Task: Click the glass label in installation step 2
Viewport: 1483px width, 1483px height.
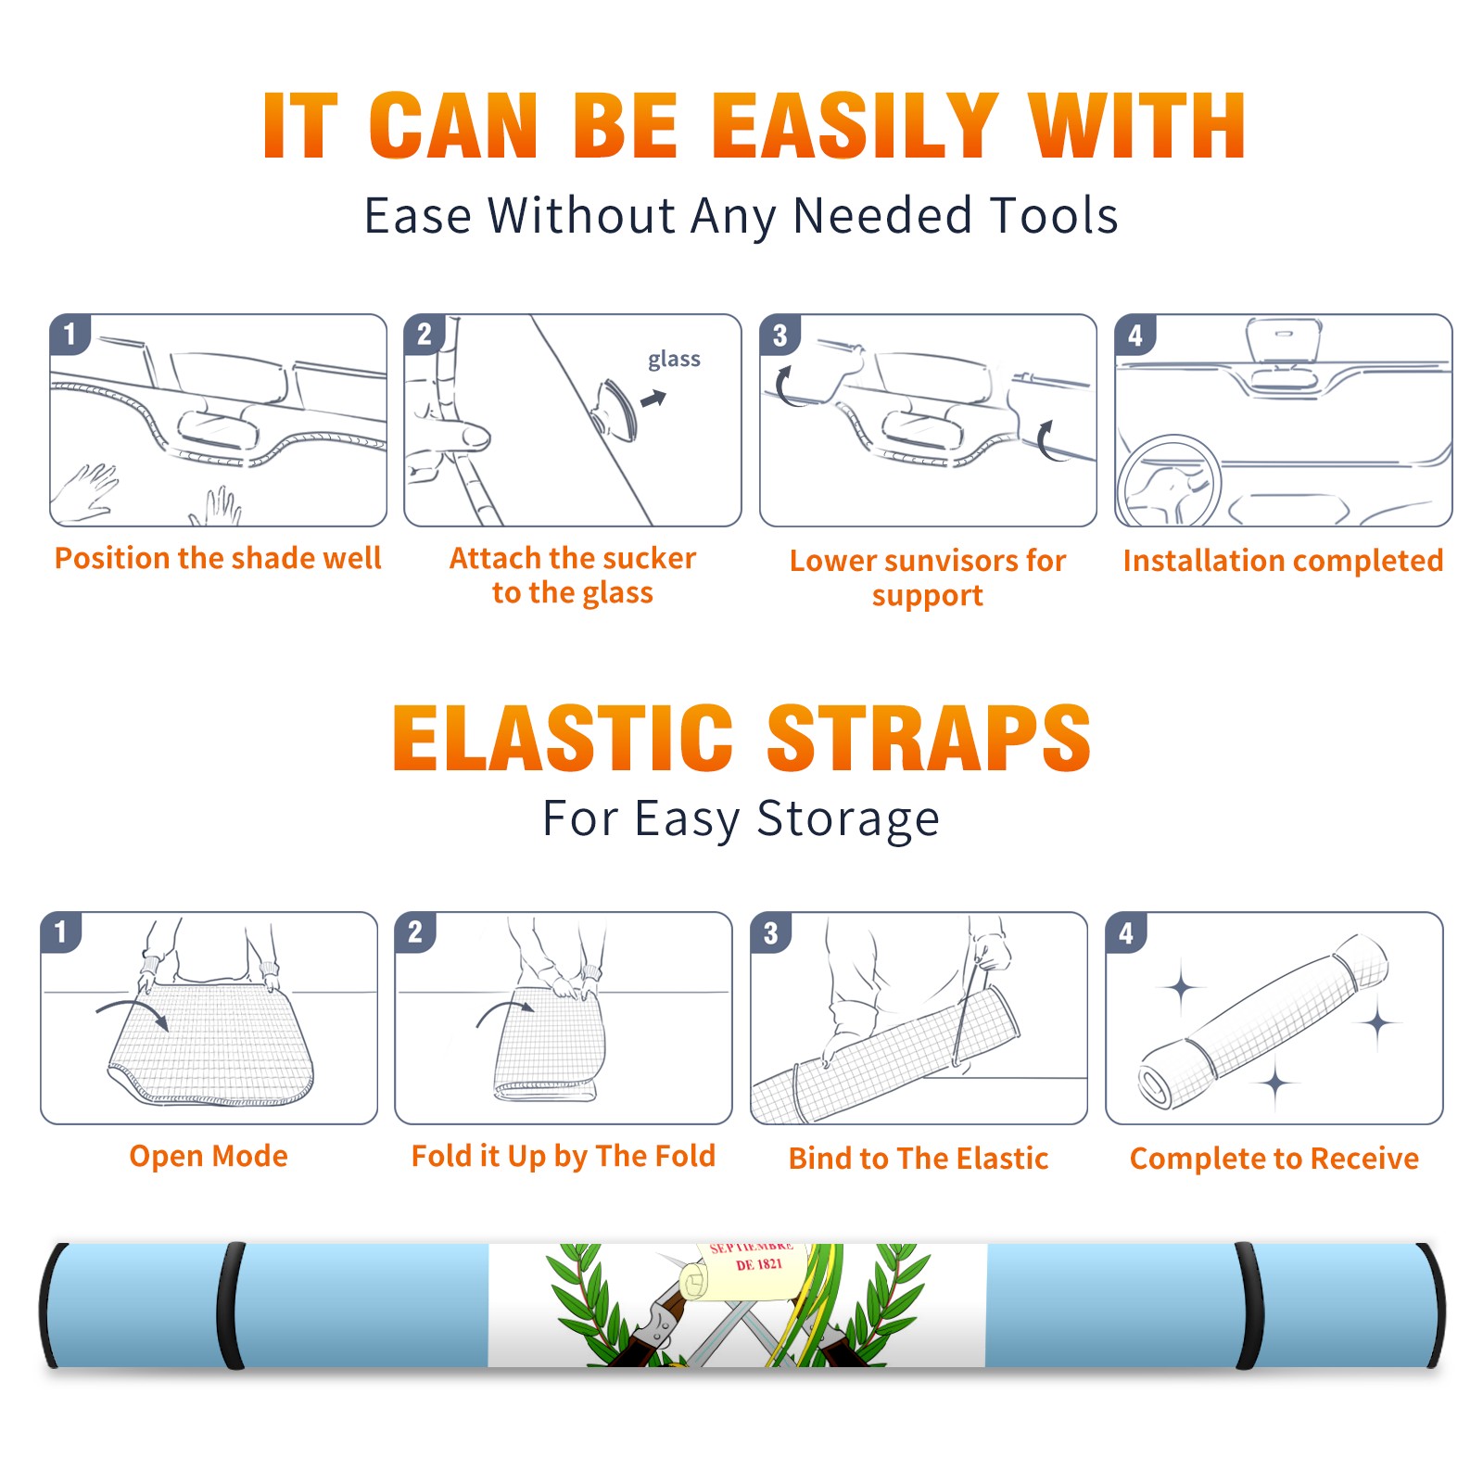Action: pos(674,360)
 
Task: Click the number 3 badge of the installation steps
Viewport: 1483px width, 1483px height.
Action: pos(780,335)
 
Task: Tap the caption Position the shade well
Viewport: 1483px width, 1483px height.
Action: pos(218,558)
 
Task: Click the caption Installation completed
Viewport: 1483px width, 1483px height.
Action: pos(1283,560)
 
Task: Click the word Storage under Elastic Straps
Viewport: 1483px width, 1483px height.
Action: pos(848,819)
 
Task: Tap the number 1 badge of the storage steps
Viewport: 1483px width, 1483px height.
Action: pos(61,932)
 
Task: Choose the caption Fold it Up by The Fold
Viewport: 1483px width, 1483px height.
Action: pos(564,1156)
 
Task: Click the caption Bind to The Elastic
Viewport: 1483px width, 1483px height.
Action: pos(919,1159)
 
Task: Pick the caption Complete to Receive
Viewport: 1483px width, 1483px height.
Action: pos(1274,1159)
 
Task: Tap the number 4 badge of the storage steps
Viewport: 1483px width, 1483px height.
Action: pos(1126,932)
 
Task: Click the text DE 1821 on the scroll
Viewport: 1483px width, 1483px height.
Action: pos(759,1264)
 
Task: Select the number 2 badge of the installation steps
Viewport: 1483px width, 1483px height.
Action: pos(425,334)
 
